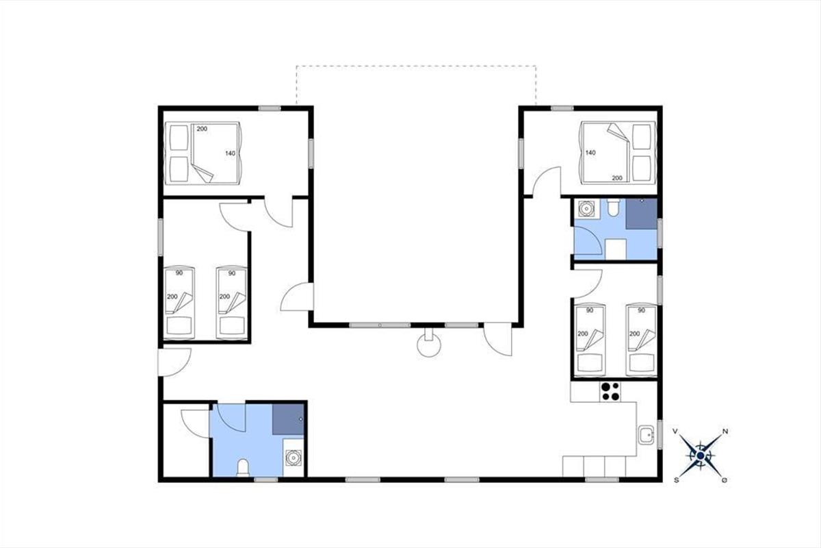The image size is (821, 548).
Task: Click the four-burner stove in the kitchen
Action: pyautogui.click(x=610, y=392)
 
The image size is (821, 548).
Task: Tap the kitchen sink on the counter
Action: pyautogui.click(x=646, y=435)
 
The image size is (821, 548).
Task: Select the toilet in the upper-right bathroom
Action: pyautogui.click(x=613, y=208)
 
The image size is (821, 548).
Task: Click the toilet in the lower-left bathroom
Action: pyautogui.click(x=243, y=468)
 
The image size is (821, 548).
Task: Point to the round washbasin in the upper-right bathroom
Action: pyautogui.click(x=586, y=209)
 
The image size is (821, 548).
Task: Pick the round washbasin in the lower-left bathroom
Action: pyautogui.click(x=294, y=458)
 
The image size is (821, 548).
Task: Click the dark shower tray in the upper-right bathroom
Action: pyautogui.click(x=641, y=214)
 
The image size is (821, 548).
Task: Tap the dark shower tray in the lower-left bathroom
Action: pyautogui.click(x=288, y=419)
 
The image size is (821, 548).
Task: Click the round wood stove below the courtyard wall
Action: pyautogui.click(x=429, y=345)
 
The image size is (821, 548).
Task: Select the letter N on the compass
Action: pyautogui.click(x=725, y=432)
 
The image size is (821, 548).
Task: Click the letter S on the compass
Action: pyautogui.click(x=676, y=480)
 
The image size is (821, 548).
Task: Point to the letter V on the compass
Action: pyautogui.click(x=675, y=432)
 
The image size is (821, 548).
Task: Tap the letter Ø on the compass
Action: pyautogui.click(x=725, y=480)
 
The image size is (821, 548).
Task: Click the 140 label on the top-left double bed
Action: pyautogui.click(x=230, y=153)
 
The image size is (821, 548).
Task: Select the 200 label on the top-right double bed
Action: pyautogui.click(x=617, y=178)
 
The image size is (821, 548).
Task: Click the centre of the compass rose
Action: pyautogui.click(x=701, y=456)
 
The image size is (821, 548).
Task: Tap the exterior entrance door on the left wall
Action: pyautogui.click(x=174, y=362)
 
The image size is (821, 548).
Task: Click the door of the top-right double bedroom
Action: pyautogui.click(x=547, y=181)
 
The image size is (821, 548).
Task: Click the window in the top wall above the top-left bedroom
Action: pyautogui.click(x=270, y=108)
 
